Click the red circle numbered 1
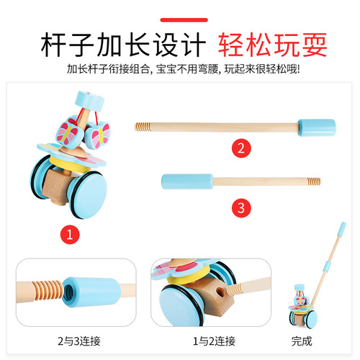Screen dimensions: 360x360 70,235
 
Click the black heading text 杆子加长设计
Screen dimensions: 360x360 116,45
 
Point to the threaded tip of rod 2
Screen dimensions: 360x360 143,127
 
